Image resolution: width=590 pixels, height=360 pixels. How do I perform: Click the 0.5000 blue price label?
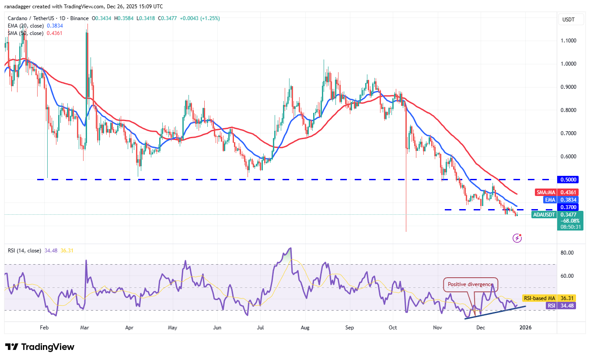[569, 179]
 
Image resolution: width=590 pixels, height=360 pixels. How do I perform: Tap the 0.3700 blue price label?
[569, 207]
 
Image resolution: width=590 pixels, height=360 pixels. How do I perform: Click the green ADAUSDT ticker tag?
[544, 214]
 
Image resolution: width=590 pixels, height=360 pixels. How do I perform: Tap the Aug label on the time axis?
[305, 327]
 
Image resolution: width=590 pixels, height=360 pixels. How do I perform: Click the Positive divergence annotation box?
[471, 284]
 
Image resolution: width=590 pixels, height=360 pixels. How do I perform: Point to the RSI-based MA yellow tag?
[538, 298]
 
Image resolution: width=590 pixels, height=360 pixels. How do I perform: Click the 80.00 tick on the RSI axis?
[568, 253]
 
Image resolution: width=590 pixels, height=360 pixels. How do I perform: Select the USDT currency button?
[569, 20]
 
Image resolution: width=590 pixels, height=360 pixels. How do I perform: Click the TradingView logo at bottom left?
[40, 347]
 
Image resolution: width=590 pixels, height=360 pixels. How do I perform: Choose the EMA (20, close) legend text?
[25, 26]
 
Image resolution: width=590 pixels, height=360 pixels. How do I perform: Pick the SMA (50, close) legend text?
[25, 33]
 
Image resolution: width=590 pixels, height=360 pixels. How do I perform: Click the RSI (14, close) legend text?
[24, 251]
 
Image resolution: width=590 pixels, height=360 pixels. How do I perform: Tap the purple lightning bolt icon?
[517, 238]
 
